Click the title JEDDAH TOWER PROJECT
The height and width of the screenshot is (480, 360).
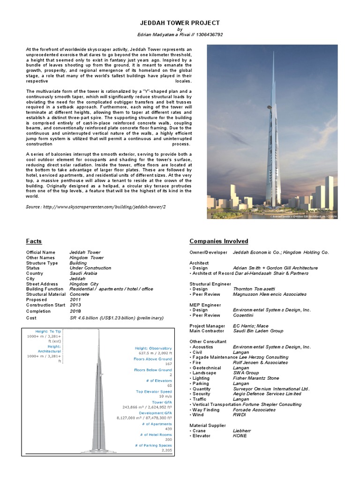[x=180, y=22]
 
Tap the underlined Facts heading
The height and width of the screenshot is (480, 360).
[x=34, y=241]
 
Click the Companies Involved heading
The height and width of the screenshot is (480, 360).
[x=218, y=241]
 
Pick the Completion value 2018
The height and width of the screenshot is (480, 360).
[x=75, y=311]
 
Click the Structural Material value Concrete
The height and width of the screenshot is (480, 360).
[x=80, y=294]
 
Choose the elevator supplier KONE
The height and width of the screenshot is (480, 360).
[x=240, y=435]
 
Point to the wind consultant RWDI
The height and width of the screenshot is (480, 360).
[x=240, y=414]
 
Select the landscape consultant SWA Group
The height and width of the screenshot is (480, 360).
[x=246, y=373]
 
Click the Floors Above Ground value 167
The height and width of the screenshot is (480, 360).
[x=168, y=364]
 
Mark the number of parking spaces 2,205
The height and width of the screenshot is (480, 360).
[x=166, y=450]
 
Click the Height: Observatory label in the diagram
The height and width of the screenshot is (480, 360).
[x=154, y=348]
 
